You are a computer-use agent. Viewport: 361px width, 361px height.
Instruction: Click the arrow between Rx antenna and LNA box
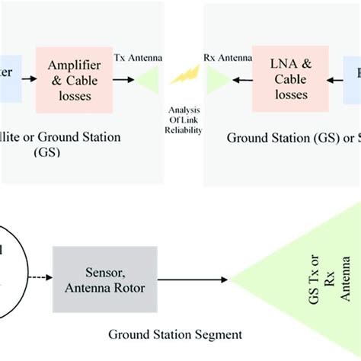[243, 77]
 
